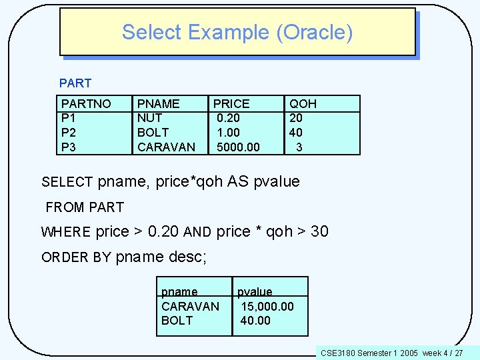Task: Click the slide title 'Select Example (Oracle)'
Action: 237,32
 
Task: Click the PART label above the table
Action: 75,83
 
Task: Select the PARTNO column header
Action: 86,104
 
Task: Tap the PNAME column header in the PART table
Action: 158,104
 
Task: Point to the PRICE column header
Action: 231,104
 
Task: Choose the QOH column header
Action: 303,104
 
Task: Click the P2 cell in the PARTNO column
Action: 68,133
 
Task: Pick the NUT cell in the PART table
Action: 149,118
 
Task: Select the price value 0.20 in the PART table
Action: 228,118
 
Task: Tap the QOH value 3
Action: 299,147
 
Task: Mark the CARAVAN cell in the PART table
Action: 166,147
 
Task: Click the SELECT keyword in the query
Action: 67,182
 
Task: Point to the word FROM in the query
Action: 65,207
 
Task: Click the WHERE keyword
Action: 66,233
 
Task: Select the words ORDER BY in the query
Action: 76,258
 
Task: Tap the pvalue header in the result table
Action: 255,292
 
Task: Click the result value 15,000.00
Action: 267,306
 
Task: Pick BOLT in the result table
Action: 177,321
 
